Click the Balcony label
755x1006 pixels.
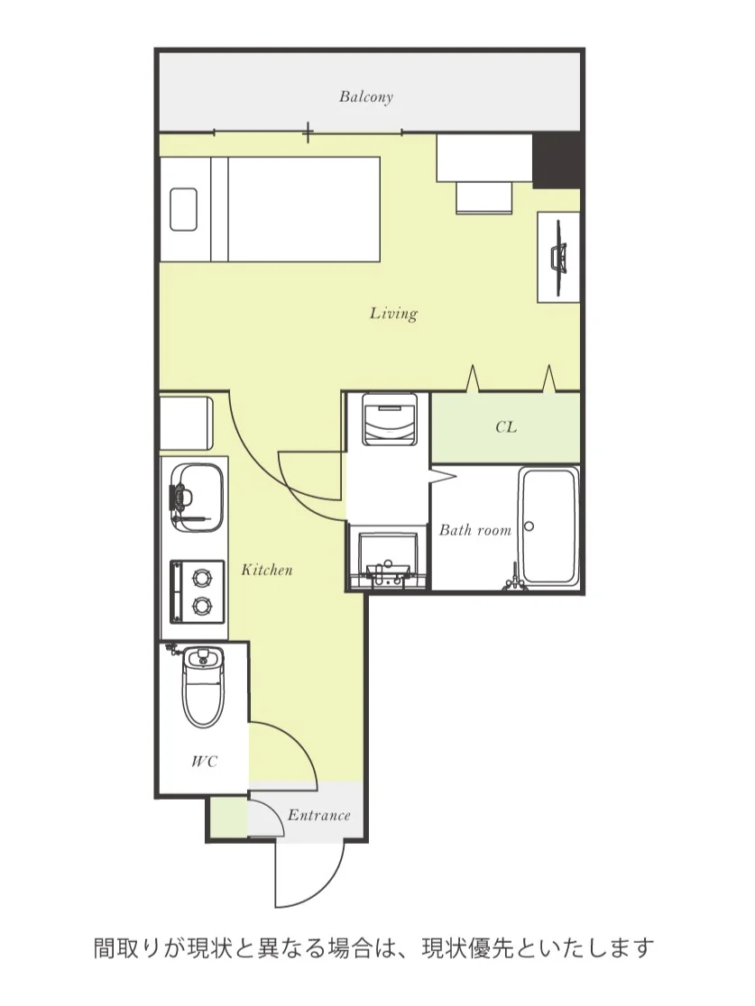(366, 96)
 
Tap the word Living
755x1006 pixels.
(393, 313)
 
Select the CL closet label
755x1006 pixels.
(506, 427)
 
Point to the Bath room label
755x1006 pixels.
(475, 530)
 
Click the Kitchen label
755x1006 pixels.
(267, 570)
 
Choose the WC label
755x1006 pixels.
(204, 762)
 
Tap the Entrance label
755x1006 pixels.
(319, 816)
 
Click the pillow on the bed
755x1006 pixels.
(184, 209)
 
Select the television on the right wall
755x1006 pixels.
(558, 257)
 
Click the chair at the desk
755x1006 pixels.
(484, 197)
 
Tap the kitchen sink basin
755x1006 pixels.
(198, 498)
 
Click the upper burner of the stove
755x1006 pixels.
(202, 578)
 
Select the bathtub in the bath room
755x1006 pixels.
(549, 526)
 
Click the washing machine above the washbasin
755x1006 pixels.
(390, 419)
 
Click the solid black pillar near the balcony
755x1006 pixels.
(557, 160)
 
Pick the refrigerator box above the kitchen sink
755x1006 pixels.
(186, 424)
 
